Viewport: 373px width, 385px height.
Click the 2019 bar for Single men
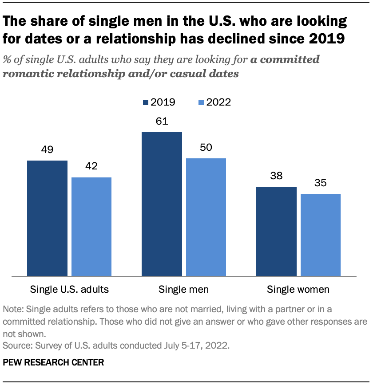(162, 204)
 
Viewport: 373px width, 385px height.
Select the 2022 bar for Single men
(206, 217)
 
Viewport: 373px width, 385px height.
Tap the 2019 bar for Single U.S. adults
(47, 218)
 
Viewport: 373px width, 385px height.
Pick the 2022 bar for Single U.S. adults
(91, 227)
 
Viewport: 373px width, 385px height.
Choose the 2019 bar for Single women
(276, 231)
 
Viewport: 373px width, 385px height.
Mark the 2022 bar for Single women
(321, 235)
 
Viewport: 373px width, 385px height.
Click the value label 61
(162, 121)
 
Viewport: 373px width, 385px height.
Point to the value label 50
(206, 148)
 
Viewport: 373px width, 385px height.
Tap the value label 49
(47, 149)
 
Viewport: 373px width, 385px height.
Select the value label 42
(91, 166)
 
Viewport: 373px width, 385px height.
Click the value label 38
(276, 176)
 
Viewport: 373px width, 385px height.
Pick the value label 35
(321, 183)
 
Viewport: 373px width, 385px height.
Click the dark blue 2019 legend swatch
(145, 102)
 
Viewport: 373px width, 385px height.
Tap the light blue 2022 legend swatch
(201, 102)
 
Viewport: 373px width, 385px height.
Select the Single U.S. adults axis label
(69, 290)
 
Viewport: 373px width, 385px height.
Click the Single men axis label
(184, 290)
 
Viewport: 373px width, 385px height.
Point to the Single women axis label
(298, 290)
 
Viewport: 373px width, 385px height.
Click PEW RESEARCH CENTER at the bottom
(53, 362)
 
